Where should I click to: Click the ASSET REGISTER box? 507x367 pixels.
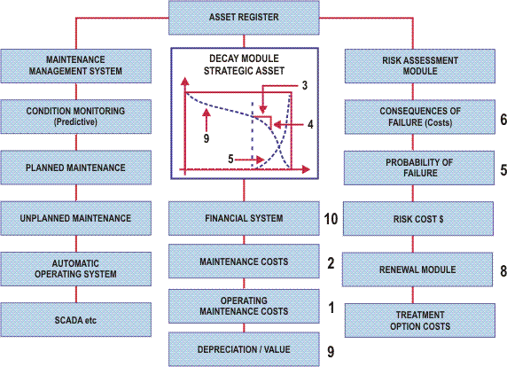tap(244, 18)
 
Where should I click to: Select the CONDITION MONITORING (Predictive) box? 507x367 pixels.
tap(76, 117)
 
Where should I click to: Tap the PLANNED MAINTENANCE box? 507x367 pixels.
tap(76, 168)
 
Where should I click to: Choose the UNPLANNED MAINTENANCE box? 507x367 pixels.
tap(76, 218)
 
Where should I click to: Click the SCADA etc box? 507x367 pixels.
tap(76, 320)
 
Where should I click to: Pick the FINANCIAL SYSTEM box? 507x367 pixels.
tap(244, 218)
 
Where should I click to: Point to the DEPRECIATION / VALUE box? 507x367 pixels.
tap(244, 349)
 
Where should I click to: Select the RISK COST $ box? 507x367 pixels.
tap(418, 219)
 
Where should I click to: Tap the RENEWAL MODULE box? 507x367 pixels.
tap(417, 269)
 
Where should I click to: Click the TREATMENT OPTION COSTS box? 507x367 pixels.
tap(420, 320)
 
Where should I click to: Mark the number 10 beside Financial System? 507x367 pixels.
tap(331, 219)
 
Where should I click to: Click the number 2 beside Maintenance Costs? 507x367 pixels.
tap(331, 263)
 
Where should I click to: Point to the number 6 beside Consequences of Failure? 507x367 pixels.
tap(503, 120)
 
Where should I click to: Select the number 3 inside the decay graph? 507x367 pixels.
tap(305, 86)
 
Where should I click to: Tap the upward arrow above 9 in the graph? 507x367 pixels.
tap(207, 120)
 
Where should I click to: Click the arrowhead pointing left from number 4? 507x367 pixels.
tap(277, 124)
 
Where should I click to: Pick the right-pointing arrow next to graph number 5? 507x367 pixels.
tap(250, 160)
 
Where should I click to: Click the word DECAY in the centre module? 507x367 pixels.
tap(224, 59)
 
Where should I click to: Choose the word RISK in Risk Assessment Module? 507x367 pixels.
tap(392, 60)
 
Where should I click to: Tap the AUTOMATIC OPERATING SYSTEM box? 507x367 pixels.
tap(76, 269)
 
